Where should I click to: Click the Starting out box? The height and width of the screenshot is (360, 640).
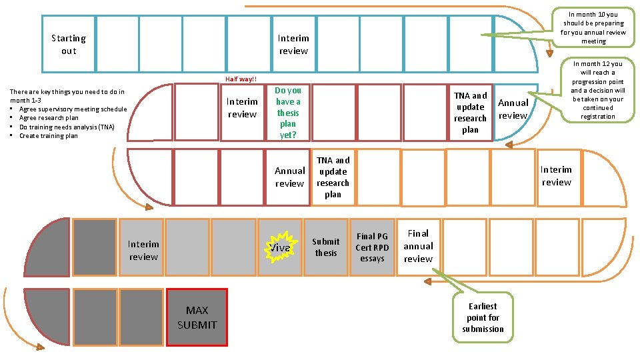coord(69,44)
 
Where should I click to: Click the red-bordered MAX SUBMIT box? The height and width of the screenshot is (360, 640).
coord(197,317)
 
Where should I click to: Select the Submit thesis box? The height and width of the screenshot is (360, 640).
coord(326,247)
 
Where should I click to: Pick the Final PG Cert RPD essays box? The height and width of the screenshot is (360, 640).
coord(372,247)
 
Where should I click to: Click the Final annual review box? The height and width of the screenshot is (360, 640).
coord(418,246)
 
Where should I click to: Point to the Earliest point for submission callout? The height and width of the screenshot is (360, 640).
coord(483,317)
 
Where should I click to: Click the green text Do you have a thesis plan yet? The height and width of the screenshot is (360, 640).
coord(288,113)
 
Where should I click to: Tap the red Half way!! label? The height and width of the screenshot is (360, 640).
coord(241,79)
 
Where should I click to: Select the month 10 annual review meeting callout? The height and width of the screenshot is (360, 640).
coord(593,28)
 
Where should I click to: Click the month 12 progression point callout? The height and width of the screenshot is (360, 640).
coord(597,91)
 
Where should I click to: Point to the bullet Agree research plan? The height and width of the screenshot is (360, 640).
coord(49,118)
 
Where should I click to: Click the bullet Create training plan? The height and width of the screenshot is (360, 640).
coord(49,136)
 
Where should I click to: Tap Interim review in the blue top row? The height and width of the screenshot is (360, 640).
coord(293,45)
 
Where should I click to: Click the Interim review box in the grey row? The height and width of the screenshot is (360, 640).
coord(143,251)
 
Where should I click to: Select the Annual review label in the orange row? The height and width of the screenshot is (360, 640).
coord(289,177)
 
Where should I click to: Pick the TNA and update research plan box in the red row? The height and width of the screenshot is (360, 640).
coord(470,113)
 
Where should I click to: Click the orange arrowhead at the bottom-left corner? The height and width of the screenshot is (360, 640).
coord(40,347)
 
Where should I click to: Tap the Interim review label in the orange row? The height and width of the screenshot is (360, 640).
coord(556,176)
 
